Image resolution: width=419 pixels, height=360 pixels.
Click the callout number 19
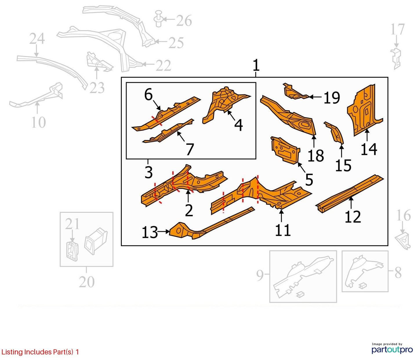(332, 98)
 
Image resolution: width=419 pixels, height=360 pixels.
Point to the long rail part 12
(350, 194)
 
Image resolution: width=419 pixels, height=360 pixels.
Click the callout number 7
(190, 149)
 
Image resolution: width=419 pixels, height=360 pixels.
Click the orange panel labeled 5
(285, 150)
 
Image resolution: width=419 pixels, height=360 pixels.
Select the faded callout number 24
(37, 39)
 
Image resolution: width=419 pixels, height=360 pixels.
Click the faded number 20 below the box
(87, 282)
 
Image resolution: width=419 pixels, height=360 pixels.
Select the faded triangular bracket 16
(402, 241)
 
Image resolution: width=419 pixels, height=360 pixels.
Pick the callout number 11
(283, 230)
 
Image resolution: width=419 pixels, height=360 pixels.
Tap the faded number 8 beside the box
(398, 273)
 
